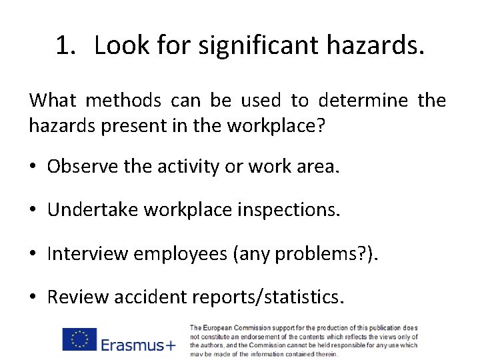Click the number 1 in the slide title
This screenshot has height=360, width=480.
click(63, 46)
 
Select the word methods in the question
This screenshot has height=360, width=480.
click(123, 101)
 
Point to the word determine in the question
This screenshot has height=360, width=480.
click(363, 101)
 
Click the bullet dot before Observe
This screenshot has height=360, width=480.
click(34, 167)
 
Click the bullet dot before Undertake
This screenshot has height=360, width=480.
click(34, 211)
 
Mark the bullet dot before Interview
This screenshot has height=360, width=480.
click(34, 254)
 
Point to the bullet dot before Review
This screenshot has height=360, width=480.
click(34, 297)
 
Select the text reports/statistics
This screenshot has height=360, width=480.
click(267, 297)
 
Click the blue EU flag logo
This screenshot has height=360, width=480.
click(79, 339)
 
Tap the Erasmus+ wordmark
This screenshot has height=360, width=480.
click(139, 344)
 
